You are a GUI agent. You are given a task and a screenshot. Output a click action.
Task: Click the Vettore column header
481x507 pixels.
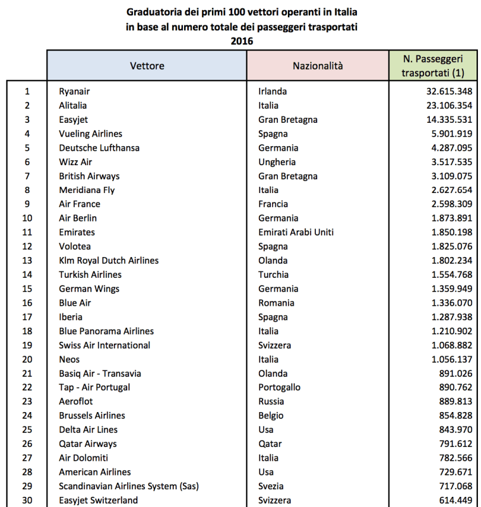point(147,65)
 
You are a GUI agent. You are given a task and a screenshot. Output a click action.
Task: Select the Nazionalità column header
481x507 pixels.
point(317,65)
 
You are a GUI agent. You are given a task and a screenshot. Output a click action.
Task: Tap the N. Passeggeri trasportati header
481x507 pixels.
point(433,65)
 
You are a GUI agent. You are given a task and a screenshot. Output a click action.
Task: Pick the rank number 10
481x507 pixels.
point(27,218)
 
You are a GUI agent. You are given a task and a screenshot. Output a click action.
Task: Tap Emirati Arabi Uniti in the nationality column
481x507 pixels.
point(296,232)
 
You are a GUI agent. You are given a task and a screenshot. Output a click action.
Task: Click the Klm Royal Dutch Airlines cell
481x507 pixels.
point(108,260)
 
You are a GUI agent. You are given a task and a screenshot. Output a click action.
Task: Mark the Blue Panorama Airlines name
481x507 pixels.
point(106,331)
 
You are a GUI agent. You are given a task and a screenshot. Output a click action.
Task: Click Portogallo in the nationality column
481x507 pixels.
point(279,387)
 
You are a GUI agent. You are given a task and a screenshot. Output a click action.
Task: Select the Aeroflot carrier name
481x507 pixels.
point(78,401)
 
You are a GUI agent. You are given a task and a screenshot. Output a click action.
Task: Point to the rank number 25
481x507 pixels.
point(27,430)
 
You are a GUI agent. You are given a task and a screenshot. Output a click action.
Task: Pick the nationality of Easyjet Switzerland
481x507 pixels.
point(275,500)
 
